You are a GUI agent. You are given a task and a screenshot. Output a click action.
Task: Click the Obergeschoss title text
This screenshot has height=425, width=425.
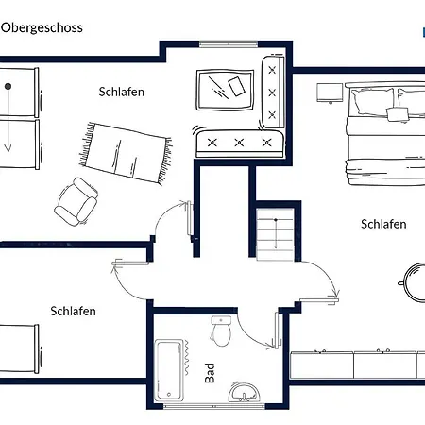click(42, 28)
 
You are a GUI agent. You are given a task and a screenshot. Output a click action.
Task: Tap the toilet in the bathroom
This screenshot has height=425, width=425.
click(221, 331)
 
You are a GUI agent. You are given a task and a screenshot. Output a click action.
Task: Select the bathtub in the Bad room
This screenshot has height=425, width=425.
click(169, 370)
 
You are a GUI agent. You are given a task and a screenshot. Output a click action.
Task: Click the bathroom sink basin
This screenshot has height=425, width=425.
click(245, 392)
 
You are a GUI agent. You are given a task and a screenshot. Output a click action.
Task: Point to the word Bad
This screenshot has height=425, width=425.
click(210, 373)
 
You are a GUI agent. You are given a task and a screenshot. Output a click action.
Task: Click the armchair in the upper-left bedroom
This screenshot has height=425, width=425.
click(76, 201)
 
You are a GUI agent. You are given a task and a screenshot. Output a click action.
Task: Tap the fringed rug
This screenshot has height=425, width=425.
click(126, 153)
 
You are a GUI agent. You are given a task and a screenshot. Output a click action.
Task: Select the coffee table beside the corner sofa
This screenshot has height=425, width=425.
click(225, 90)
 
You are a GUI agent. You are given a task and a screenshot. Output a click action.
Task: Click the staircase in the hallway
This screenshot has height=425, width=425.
click(276, 234)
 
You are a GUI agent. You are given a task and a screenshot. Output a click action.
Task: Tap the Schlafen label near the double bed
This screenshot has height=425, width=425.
click(383, 224)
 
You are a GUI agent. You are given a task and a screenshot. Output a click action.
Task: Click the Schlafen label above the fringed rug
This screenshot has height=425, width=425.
click(122, 92)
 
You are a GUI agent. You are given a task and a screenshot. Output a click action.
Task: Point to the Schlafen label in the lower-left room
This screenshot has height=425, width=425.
click(73, 311)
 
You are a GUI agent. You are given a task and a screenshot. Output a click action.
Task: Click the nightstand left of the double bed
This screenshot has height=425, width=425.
click(330, 93)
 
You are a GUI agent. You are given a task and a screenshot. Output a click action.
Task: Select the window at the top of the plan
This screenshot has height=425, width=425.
click(229, 44)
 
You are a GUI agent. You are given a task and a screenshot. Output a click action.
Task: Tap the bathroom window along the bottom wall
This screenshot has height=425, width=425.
click(214, 406)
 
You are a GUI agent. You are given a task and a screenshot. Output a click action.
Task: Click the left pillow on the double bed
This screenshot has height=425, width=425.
click(373, 101)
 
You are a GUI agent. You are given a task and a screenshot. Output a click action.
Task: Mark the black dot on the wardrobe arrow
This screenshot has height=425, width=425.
click(8, 86)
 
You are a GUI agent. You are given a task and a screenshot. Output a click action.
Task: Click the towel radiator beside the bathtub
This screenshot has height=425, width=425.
click(186, 358)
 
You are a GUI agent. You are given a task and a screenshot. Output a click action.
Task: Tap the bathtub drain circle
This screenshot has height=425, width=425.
click(169, 394)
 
